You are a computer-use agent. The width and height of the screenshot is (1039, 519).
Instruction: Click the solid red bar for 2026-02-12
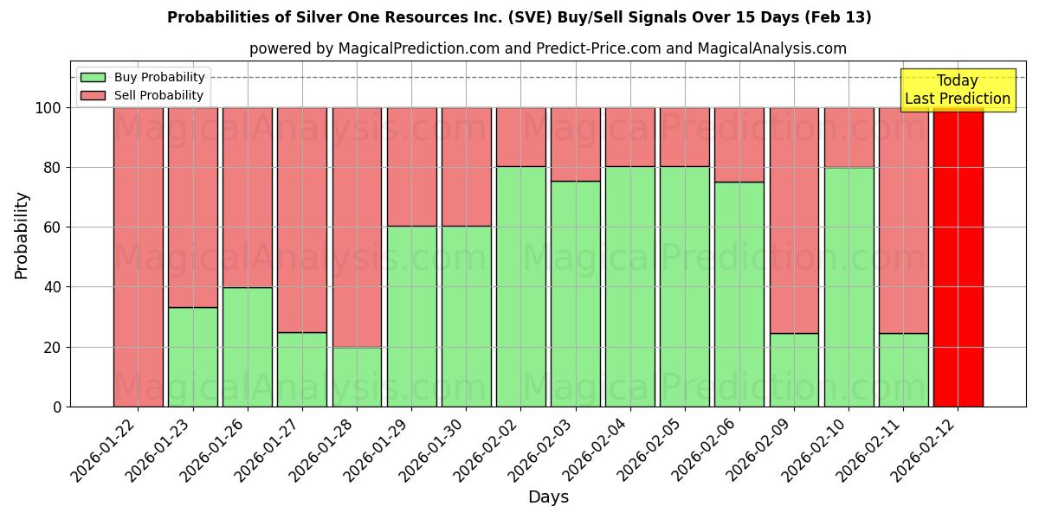(958, 257)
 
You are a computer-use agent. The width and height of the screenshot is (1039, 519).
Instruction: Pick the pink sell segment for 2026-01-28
(357, 227)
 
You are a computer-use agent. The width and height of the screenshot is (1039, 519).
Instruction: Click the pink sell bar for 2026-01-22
(138, 257)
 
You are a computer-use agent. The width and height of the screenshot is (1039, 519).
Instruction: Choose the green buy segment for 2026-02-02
(520, 286)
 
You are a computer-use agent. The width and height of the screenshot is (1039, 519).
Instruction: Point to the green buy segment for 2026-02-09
(794, 369)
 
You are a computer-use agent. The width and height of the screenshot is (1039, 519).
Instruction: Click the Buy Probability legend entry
(142, 77)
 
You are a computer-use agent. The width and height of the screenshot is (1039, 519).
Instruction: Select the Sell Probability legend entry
(142, 95)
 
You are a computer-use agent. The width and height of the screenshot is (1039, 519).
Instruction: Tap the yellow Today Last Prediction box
(957, 90)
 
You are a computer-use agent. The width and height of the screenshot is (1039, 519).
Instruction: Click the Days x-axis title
(548, 497)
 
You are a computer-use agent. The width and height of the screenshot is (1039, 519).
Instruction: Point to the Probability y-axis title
(22, 234)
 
